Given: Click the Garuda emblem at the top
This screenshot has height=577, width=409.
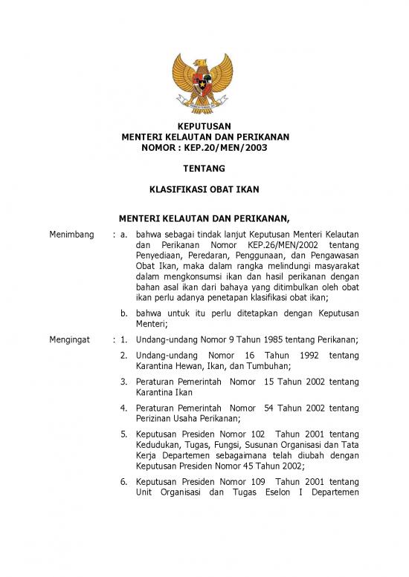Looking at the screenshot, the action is (x=204, y=82).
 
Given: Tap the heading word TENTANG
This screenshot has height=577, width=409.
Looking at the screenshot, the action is (x=204, y=169).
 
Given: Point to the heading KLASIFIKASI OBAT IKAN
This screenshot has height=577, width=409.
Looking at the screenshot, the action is (x=204, y=189).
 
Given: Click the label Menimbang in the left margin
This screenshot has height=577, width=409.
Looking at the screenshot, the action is (x=68, y=234).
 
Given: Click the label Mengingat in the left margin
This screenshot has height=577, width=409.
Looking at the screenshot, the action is (x=68, y=339).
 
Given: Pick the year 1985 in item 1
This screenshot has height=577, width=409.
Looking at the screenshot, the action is (x=275, y=339).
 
